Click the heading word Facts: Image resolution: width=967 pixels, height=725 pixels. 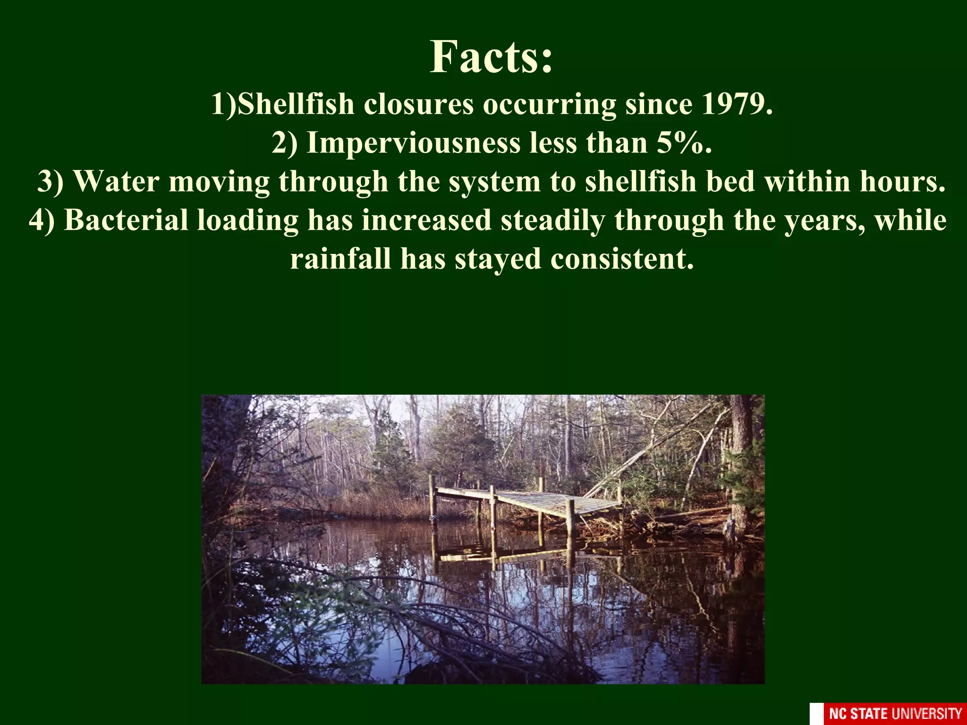(491, 57)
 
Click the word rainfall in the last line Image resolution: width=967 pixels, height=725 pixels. (340, 259)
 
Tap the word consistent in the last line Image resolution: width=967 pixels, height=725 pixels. (622, 259)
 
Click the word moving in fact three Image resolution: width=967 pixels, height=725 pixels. (219, 181)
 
